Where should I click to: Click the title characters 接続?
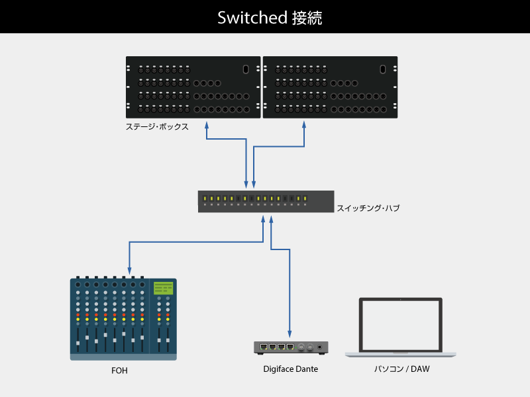[307, 18]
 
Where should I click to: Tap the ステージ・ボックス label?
[157, 126]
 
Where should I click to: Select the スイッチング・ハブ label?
[368, 208]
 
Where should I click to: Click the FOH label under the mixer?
[119, 371]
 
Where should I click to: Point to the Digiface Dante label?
[291, 369]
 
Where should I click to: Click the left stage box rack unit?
[193, 87]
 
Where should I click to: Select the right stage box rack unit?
[330, 87]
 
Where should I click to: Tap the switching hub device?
[265, 202]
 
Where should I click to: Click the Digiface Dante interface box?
[291, 347]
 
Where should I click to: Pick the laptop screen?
[400, 325]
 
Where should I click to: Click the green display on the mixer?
[163, 288]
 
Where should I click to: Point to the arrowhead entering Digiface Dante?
[290, 334]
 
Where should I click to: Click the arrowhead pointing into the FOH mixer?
[129, 272]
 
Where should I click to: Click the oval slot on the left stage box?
[245, 69]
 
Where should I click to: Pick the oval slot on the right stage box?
[382, 69]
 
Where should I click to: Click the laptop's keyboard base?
[400, 355]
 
